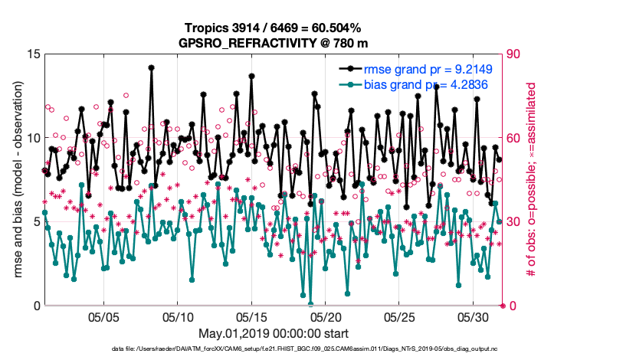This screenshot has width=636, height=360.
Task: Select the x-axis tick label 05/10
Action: [178, 316]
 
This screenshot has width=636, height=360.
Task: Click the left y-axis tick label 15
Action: [33, 54]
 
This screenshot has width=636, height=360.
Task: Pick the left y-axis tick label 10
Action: [33, 138]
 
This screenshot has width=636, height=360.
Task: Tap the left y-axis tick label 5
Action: [36, 222]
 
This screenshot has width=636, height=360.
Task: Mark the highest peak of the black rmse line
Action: [152, 67]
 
